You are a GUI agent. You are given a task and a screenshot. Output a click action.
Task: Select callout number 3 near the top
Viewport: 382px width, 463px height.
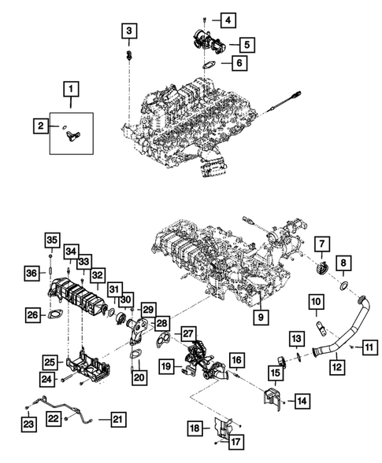[129, 31]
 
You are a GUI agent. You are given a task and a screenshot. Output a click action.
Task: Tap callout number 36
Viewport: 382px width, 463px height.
[32, 273]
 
